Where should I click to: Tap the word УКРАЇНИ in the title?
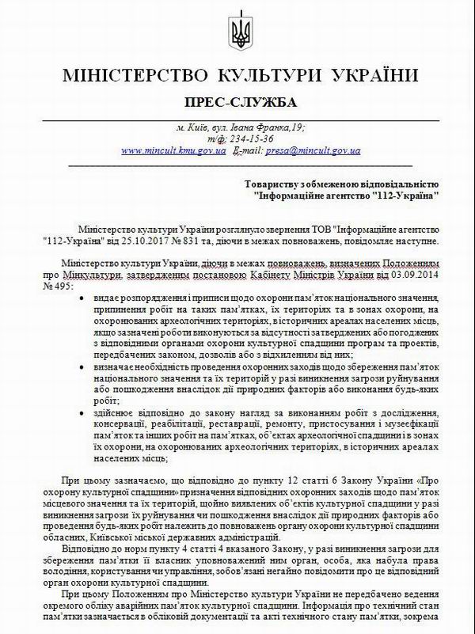(370, 77)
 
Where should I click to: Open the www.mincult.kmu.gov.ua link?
(173, 150)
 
